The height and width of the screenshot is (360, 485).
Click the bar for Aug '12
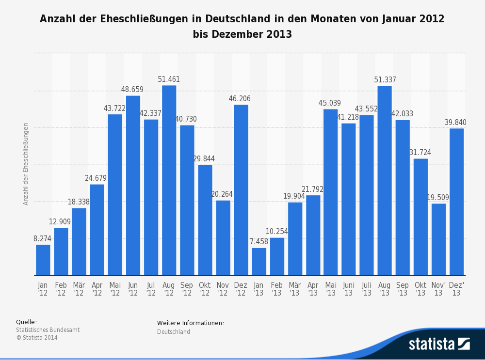pos(169,180)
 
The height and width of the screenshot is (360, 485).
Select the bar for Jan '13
pos(259,262)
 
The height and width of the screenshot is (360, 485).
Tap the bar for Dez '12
pos(241,190)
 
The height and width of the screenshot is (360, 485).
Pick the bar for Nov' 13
pos(438,239)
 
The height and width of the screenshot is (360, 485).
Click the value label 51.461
pos(169,79)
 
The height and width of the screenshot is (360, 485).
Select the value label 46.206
pos(240,99)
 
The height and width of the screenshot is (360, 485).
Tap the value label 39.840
pos(455,123)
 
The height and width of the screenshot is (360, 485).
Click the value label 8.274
pos(42,238)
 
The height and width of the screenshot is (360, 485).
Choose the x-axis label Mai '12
pos(115,289)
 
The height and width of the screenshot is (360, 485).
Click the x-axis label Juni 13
pos(349,289)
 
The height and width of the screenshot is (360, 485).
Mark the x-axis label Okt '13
pos(420,289)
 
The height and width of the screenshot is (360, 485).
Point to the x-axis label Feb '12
pos(61,289)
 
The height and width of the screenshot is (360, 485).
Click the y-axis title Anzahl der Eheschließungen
pos(26,164)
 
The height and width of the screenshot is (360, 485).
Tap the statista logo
pos(439,344)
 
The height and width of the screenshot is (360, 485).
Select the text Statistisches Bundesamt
pos(48,330)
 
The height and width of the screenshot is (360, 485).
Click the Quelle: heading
pos(26,322)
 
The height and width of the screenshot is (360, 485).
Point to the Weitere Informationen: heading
pos(191,323)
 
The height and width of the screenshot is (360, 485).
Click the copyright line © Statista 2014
pos(37,338)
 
